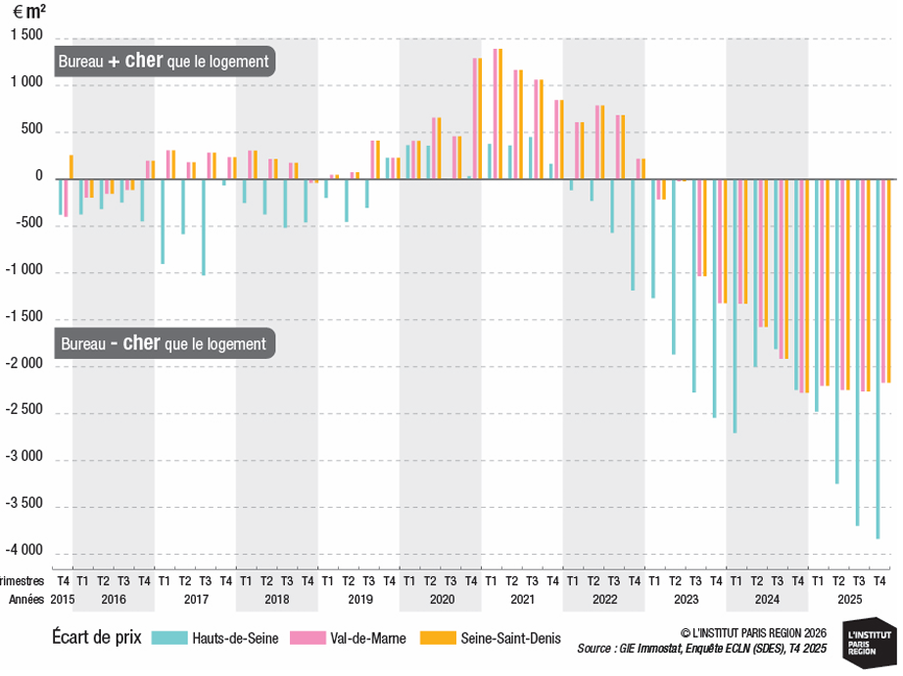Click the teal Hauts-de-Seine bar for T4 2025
pos(878,359)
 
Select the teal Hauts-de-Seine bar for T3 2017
pos(204,227)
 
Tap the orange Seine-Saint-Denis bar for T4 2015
pos(71,167)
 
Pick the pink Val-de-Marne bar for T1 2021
pos(496,113)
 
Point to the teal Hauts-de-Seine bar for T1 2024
pos(735,306)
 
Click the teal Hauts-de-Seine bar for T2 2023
pos(674,267)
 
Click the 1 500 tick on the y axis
pos(26,35)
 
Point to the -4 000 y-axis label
pos(24,550)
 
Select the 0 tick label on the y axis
pos(39,176)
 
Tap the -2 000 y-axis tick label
pos(24,363)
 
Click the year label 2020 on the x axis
pos(442,600)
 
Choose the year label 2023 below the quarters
pos(686,600)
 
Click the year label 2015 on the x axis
pos(63,600)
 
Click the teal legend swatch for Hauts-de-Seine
pos(169,638)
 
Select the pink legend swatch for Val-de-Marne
pos(308,638)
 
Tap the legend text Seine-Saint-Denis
pos(510,638)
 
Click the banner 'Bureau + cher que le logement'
pos(165,61)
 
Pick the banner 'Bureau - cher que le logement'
pos(165,343)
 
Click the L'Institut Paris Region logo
pos(870,643)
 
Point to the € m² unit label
pos(29,12)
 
